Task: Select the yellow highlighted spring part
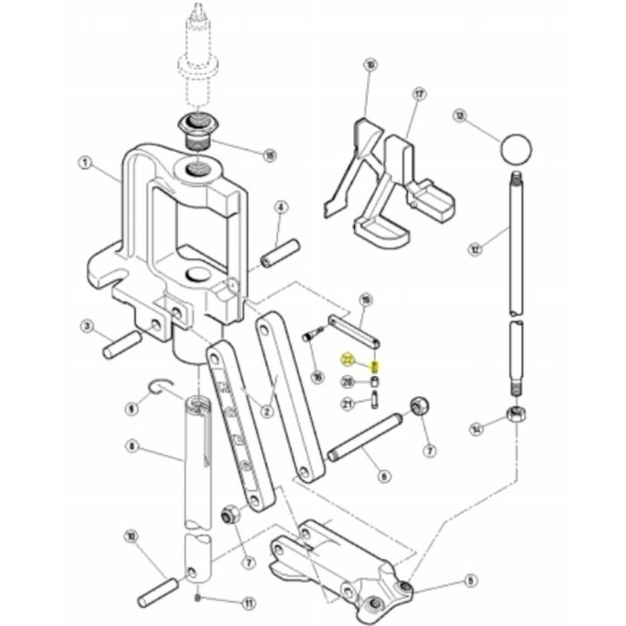click(x=376, y=367)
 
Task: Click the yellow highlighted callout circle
click(x=347, y=360)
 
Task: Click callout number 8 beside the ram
click(x=131, y=445)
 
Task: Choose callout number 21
click(x=348, y=404)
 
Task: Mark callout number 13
click(x=460, y=116)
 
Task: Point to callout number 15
click(x=269, y=155)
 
